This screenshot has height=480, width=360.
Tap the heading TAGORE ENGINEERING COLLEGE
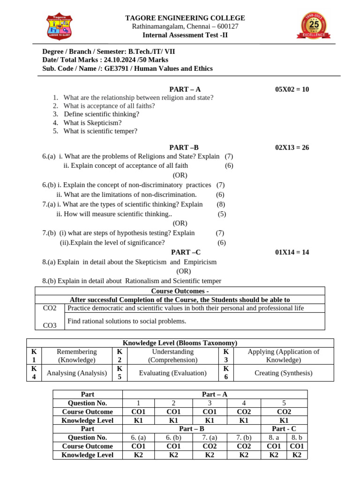pyautogui.click(x=185, y=18)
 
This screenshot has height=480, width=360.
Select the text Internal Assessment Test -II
pyautogui.click(x=185, y=35)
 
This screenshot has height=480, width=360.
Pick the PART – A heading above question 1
pyautogui.click(x=185, y=89)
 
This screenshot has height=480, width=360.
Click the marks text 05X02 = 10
pyautogui.click(x=292, y=89)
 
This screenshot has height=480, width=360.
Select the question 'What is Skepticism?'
pyautogui.click(x=92, y=122)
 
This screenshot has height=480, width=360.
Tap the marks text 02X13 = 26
pyautogui.click(x=292, y=147)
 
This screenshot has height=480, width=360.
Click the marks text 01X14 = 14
pyautogui.click(x=292, y=252)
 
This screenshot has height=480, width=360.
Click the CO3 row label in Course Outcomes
pyautogui.click(x=50, y=325)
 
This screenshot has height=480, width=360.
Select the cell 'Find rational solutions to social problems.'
pyautogui.click(x=127, y=321)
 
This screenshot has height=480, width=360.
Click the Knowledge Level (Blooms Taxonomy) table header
pyautogui.click(x=180, y=343)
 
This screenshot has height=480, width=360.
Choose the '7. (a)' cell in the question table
pyautogui.click(x=210, y=437)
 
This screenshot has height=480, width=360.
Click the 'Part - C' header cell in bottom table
pyautogui.click(x=284, y=428)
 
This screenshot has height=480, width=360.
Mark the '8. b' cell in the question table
pyautogui.click(x=296, y=437)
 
